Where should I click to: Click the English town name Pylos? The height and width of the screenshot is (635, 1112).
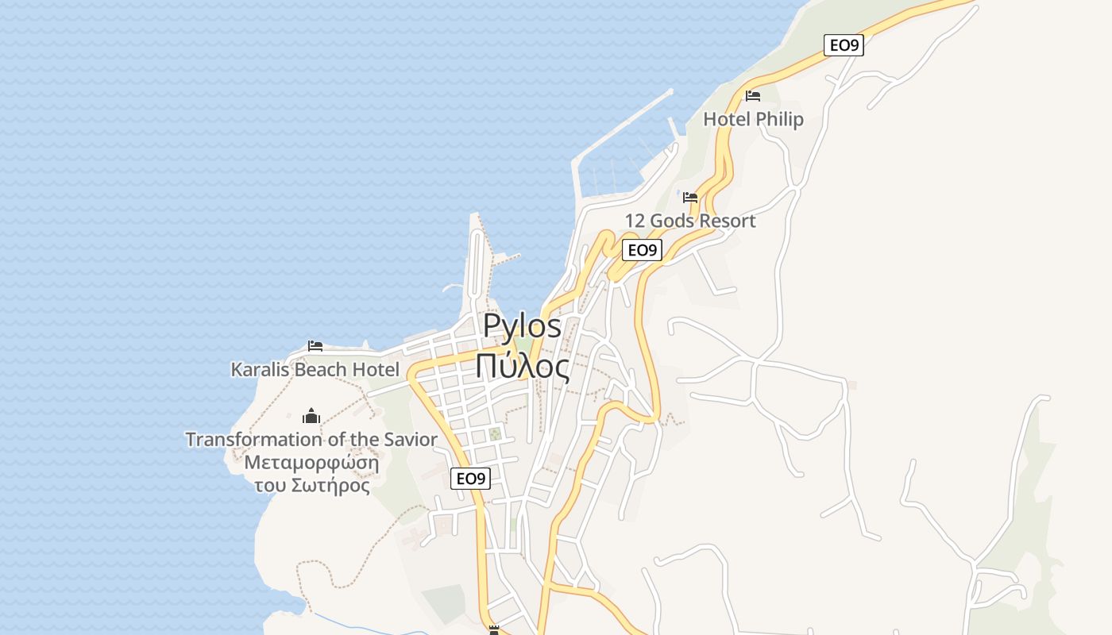click(522, 325)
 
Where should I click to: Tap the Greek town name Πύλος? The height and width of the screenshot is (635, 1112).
click(522, 367)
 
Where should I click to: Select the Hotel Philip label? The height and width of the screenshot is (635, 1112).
click(753, 119)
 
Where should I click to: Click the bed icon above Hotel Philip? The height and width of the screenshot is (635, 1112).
click(753, 96)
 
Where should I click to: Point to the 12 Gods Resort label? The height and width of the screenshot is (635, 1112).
click(689, 221)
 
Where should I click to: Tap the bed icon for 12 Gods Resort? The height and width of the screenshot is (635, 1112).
click(690, 198)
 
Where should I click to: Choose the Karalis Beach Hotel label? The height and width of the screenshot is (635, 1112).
click(315, 369)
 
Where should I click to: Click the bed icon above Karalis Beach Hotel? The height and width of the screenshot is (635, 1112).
click(315, 346)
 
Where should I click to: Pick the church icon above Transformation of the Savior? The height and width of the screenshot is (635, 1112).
click(311, 416)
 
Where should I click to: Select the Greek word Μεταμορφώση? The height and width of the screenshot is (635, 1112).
click(311, 463)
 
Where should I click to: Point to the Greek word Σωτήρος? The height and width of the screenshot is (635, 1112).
click(332, 485)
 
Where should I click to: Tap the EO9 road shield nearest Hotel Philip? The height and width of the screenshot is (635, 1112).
click(843, 45)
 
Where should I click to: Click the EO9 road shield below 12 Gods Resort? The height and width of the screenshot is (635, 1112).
click(642, 250)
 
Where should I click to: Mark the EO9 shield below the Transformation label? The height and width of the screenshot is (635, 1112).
click(470, 479)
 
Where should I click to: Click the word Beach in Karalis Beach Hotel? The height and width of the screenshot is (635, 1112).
click(321, 369)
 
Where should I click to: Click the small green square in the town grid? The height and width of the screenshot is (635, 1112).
click(495, 434)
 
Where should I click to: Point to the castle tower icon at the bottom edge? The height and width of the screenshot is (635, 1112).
click(494, 630)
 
